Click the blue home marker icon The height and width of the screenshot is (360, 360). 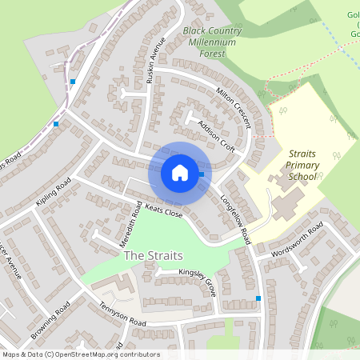[180, 173]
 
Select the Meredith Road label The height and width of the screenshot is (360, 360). [136, 223]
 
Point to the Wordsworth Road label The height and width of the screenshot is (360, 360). [299, 238]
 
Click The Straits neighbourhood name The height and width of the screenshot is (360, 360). [153, 256]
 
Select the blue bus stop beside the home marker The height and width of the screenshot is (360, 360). [202, 174]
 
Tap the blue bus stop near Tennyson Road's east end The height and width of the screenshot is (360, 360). [258, 298]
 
